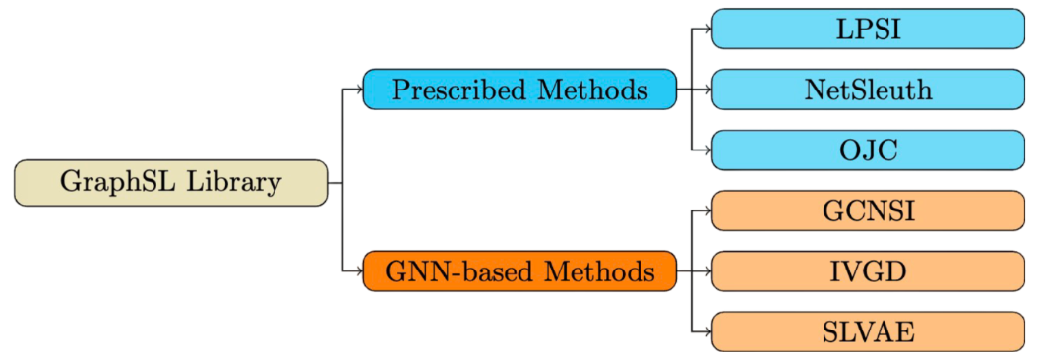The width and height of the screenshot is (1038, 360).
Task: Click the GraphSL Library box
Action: coord(170,183)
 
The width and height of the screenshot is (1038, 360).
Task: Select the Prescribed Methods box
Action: coord(519,90)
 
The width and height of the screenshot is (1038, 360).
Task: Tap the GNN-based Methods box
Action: coord(519,271)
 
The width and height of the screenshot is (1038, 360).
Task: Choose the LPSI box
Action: coord(867,29)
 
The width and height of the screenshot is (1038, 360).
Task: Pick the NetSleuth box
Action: coord(867,90)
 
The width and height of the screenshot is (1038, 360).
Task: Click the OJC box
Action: coord(867,150)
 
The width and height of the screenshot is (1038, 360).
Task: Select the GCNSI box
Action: coord(867,210)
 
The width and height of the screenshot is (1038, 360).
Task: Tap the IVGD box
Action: coord(867,271)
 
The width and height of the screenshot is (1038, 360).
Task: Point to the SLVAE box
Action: coord(867,331)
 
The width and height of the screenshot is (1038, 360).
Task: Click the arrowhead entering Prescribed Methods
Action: coord(359,90)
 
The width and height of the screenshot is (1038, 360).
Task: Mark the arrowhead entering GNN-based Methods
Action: coord(359,271)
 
